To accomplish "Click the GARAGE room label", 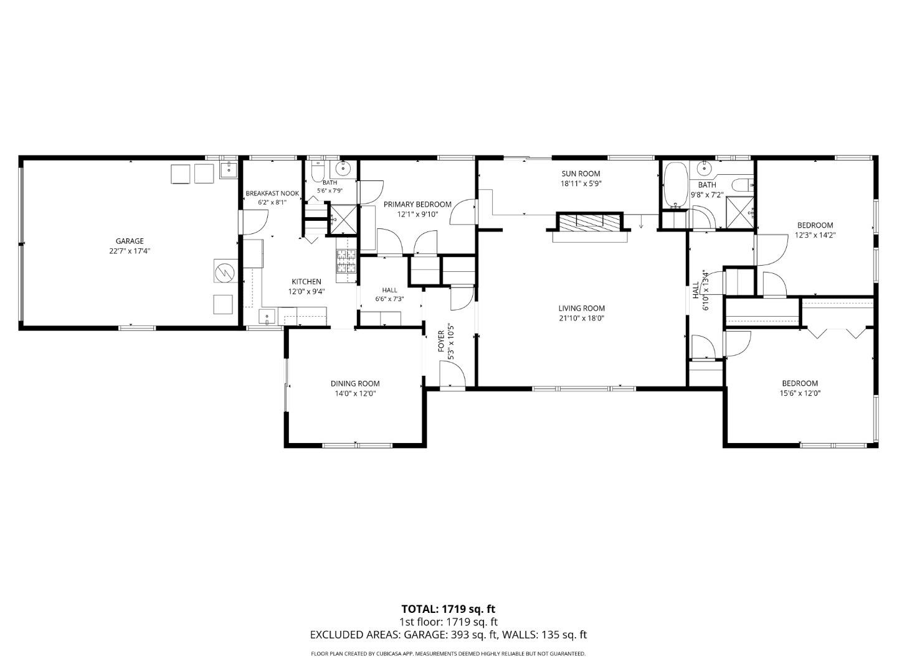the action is [x=130, y=241].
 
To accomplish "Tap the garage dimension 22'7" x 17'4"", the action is [x=130, y=251].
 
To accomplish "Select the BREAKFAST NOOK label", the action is [x=272, y=194].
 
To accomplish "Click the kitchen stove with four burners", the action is [x=346, y=261].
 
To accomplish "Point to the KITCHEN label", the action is [x=306, y=281].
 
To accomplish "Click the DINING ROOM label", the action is [x=355, y=383].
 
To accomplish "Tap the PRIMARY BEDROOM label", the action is [x=417, y=205].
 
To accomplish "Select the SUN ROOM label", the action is [x=581, y=174].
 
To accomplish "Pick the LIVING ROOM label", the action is [x=582, y=309].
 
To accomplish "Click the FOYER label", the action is [x=442, y=341].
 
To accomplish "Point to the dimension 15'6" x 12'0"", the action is [x=800, y=394].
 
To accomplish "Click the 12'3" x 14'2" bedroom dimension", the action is [x=815, y=235].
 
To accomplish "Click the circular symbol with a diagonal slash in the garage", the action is [x=225, y=271].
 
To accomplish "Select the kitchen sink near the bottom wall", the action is [x=267, y=317].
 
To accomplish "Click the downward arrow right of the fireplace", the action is [x=641, y=222].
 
